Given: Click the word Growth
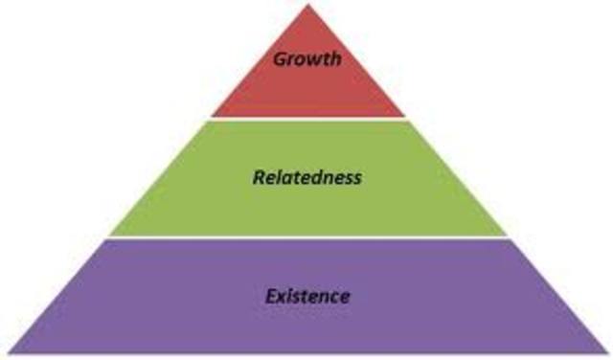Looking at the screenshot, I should pyautogui.click(x=306, y=59).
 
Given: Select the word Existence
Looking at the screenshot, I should pyautogui.click(x=307, y=295).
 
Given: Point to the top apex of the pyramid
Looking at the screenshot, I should pyautogui.click(x=307, y=5).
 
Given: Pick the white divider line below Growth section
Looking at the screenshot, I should pyautogui.click(x=306, y=119).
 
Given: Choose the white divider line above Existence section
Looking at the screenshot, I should pyautogui.click(x=306, y=237).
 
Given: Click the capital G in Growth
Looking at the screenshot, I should pyautogui.click(x=280, y=59).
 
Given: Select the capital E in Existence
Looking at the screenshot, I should pyautogui.click(x=269, y=295).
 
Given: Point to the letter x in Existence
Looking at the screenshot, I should pyautogui.click(x=280, y=296).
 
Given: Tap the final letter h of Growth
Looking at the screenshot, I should pyautogui.click(x=335, y=59).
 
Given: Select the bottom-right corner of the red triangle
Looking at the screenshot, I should pyautogui.click(x=405, y=116).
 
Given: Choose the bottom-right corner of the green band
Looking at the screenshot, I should pyautogui.click(x=505, y=235).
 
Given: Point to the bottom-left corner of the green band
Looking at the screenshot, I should pyautogui.click(x=108, y=235).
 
